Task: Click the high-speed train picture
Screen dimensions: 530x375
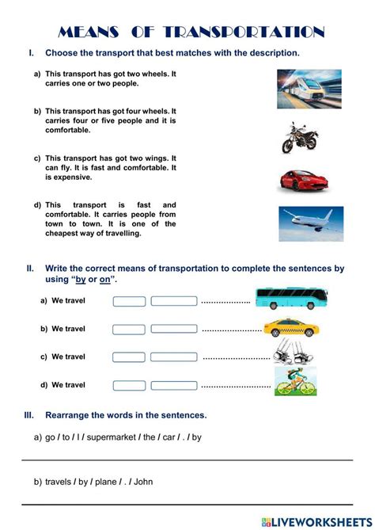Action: coord(309,89)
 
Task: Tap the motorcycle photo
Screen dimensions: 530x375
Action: coord(298,137)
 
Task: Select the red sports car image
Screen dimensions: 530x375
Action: coord(301,180)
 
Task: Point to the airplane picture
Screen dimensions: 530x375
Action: coord(310,223)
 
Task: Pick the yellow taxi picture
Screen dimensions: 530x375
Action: coord(290,327)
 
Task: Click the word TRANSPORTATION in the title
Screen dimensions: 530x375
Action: coord(245,32)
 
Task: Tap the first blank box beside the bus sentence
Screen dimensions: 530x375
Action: coord(129,301)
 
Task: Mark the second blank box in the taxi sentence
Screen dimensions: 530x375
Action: coord(173,329)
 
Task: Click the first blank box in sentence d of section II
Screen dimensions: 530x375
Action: coord(129,385)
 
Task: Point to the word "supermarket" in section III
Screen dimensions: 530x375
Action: coord(111,437)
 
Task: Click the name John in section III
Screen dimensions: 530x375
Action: coord(144,481)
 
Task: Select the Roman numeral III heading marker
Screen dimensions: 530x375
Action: coord(30,414)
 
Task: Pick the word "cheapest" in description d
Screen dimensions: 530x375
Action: coord(65,234)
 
